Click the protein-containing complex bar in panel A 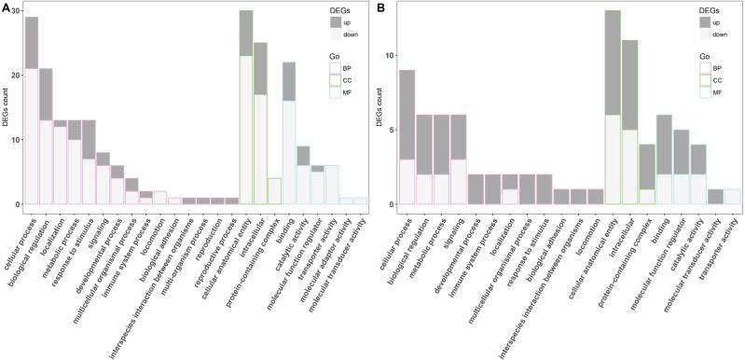pyautogui.click(x=274, y=191)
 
